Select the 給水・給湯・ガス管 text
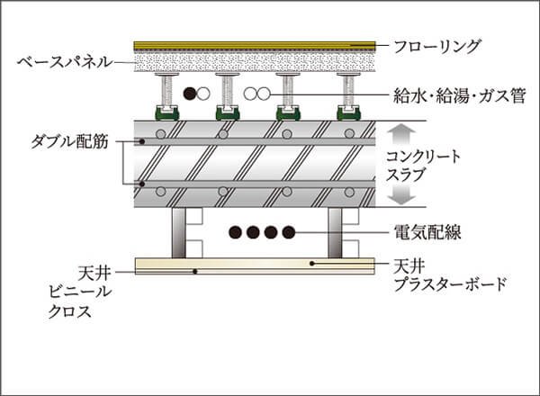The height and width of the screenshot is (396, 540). click(x=459, y=94)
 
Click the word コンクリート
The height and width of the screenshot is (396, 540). click(x=423, y=156)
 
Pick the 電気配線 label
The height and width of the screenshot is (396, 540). click(x=428, y=232)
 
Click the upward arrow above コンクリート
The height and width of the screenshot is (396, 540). click(x=402, y=134)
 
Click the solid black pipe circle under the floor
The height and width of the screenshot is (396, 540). click(x=190, y=93)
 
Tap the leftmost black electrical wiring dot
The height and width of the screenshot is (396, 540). click(x=234, y=232)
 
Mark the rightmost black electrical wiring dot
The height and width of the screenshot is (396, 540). click(x=288, y=232)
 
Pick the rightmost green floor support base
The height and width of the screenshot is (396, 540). click(x=348, y=113)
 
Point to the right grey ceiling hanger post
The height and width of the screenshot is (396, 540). click(x=337, y=232)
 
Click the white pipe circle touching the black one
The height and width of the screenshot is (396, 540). click(x=204, y=93)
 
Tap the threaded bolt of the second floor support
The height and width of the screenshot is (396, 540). click(x=227, y=91)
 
